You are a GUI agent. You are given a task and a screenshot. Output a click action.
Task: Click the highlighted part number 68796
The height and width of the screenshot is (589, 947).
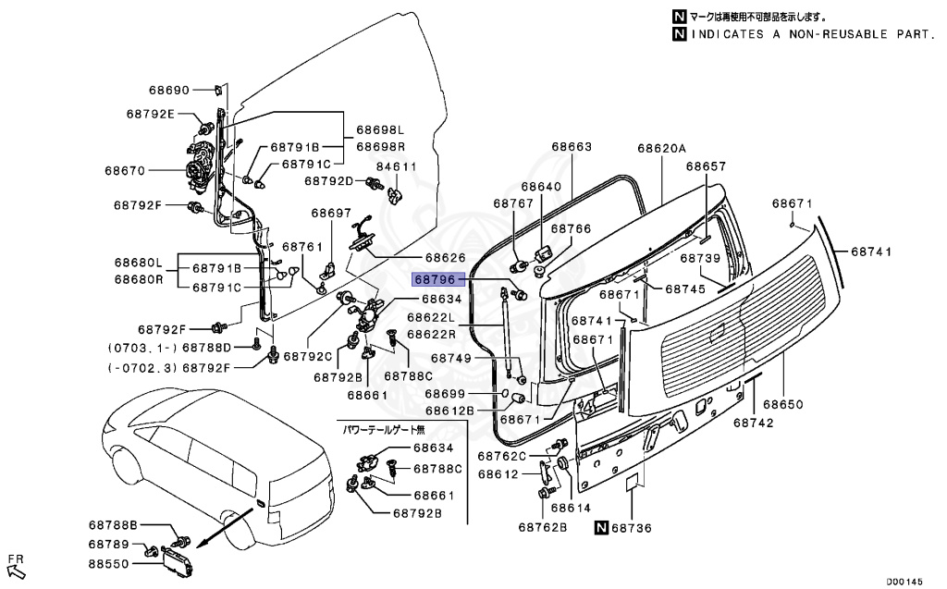(x=434, y=277)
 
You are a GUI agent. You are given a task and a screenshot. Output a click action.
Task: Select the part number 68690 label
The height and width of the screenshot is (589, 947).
(x=169, y=90)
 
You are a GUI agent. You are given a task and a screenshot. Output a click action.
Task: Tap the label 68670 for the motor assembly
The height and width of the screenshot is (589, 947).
(x=124, y=170)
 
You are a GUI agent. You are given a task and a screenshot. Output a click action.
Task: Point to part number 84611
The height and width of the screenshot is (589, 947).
(x=398, y=166)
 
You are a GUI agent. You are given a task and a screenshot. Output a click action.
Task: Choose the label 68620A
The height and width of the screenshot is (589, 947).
(x=662, y=148)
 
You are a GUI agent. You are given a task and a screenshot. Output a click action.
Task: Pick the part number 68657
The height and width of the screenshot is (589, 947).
(x=706, y=166)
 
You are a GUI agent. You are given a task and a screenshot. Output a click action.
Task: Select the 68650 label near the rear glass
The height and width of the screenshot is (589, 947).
(x=783, y=404)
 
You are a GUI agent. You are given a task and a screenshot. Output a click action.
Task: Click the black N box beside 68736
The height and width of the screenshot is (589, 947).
(x=601, y=528)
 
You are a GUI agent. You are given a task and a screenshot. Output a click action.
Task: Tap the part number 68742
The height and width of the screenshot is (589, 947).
(x=754, y=422)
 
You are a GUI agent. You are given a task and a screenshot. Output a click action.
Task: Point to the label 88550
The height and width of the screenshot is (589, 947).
(x=109, y=561)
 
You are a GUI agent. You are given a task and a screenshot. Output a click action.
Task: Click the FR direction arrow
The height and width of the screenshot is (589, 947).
(x=15, y=565)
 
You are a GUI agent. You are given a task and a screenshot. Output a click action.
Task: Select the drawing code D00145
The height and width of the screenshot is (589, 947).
(x=904, y=581)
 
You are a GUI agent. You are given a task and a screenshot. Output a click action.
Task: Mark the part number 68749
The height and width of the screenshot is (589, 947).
(x=451, y=358)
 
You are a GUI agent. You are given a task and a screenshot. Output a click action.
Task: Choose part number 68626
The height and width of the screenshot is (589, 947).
(x=445, y=257)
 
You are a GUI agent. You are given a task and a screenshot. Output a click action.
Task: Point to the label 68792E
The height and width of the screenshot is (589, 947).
(x=151, y=114)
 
